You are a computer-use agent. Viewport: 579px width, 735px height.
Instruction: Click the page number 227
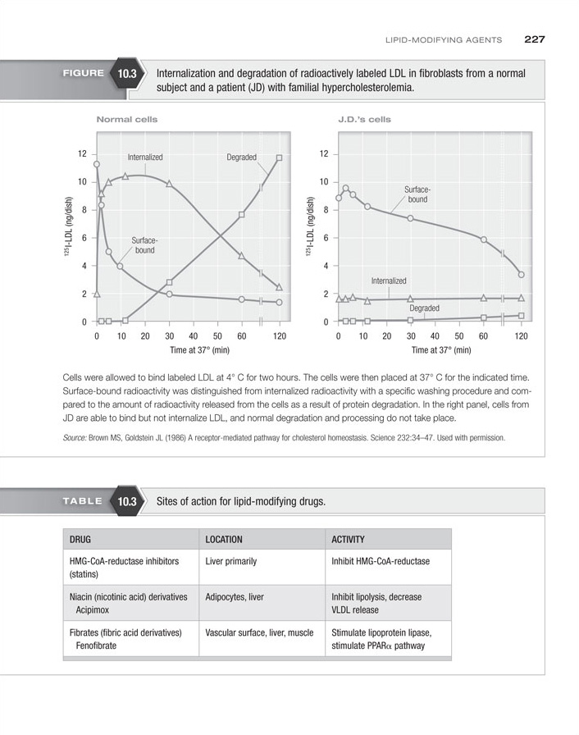click(x=535, y=39)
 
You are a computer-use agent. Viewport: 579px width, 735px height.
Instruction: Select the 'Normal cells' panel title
click(x=127, y=120)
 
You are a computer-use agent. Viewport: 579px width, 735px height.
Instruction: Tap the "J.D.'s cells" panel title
click(x=364, y=120)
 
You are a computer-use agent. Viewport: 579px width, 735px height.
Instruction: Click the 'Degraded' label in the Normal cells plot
click(x=241, y=157)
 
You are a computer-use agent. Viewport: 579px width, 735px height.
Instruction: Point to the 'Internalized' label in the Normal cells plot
click(x=145, y=157)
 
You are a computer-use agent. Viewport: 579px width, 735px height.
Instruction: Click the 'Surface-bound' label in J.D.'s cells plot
click(x=417, y=194)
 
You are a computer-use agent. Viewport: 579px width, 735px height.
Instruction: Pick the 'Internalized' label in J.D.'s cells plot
click(x=389, y=281)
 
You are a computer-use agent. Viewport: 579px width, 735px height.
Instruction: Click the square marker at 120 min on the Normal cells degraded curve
click(x=280, y=157)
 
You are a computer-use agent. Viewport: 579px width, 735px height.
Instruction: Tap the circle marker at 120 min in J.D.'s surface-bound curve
click(x=521, y=275)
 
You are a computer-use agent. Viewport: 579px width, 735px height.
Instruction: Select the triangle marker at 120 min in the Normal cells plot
click(x=280, y=287)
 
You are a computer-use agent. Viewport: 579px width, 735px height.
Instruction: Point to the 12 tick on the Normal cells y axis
click(x=82, y=153)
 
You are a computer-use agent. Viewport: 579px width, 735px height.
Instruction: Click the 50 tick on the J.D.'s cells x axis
click(x=459, y=336)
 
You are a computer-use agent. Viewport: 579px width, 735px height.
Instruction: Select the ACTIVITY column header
click(x=349, y=540)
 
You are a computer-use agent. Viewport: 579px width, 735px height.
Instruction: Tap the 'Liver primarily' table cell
click(x=230, y=562)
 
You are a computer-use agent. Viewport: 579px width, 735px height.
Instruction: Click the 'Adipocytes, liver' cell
click(x=235, y=597)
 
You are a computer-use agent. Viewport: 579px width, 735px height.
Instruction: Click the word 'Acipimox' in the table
click(x=93, y=610)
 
